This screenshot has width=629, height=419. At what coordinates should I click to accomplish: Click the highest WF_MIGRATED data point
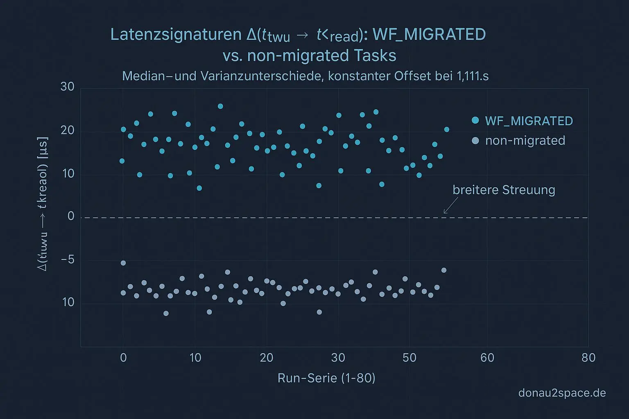(220, 106)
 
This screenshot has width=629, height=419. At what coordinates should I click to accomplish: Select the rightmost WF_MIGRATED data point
(446, 130)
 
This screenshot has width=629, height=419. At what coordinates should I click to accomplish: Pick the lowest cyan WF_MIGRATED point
(199, 188)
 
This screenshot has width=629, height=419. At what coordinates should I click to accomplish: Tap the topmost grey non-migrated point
(123, 263)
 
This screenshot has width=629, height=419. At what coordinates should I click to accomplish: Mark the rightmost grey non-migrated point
(443, 270)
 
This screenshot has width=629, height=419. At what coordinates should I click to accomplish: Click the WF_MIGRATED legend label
(529, 121)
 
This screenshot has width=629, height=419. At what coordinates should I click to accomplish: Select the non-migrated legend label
(525, 141)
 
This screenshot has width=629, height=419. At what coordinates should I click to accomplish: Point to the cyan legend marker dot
(475, 120)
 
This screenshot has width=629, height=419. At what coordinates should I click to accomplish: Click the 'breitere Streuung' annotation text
(504, 190)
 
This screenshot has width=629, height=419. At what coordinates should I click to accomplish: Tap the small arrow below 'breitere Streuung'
(450, 205)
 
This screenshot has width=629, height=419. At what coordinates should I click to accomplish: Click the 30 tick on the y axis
(68, 87)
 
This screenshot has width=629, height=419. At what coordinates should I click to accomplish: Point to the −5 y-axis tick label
(68, 260)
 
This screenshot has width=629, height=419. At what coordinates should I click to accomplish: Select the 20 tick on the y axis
(68, 131)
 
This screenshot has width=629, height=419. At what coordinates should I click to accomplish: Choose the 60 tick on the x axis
(487, 358)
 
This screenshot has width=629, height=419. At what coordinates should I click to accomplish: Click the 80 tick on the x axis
(588, 358)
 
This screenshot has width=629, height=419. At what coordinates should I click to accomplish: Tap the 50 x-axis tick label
(409, 358)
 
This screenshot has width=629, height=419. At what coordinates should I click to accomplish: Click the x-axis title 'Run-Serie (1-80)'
(326, 378)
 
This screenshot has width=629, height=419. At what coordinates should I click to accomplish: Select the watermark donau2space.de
(562, 393)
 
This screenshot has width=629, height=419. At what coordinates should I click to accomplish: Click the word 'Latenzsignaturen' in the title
(176, 34)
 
